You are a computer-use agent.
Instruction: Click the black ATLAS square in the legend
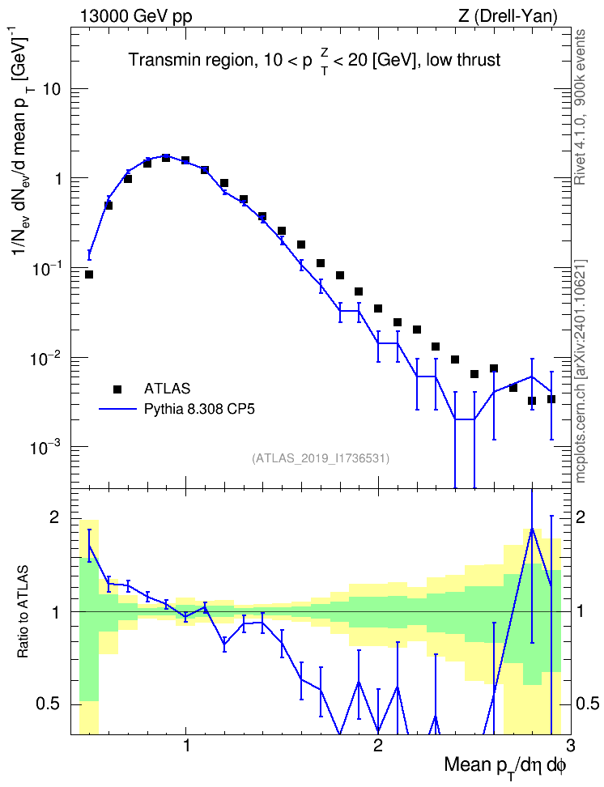[x=117, y=389]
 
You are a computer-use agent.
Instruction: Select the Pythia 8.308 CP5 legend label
[x=199, y=409]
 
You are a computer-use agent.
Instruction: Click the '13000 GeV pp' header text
[x=135, y=16]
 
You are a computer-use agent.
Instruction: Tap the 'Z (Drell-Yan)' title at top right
[x=508, y=16]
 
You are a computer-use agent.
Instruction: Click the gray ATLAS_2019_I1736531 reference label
[x=321, y=458]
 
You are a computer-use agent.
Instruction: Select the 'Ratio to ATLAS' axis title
[x=23, y=611]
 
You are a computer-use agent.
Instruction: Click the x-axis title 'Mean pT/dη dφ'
[x=505, y=765]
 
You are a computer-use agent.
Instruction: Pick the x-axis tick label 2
[x=378, y=745]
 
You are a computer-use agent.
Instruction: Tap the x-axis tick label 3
[x=570, y=745]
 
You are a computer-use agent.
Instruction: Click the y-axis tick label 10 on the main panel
[x=52, y=89]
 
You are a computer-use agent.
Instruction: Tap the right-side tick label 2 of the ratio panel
[x=581, y=517]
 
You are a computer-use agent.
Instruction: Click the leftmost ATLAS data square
[x=89, y=274]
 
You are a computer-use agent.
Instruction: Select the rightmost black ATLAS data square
[x=551, y=399]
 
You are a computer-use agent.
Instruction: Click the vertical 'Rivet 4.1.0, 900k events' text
[x=580, y=107]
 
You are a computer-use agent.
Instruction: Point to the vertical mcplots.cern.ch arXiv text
[x=581, y=371]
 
